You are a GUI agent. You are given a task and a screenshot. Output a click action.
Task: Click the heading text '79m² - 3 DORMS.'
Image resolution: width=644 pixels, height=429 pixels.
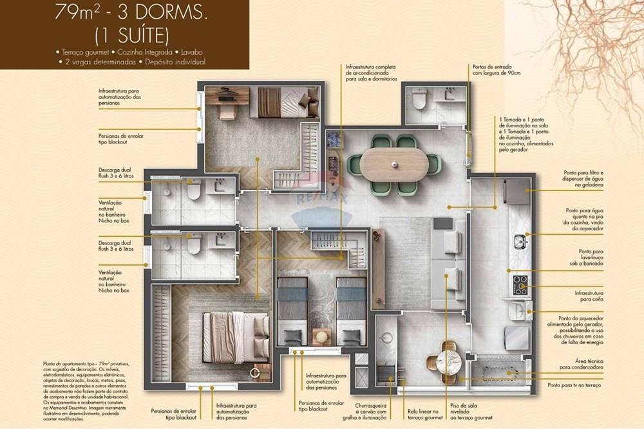(x=122, y=13)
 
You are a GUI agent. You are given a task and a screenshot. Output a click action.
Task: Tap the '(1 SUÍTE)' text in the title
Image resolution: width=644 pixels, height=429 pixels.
(x=122, y=33)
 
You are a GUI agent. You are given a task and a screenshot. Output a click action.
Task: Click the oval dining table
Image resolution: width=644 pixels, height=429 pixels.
(x=393, y=165)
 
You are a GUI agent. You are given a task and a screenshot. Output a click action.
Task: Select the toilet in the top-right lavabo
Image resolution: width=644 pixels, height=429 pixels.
(x=419, y=100)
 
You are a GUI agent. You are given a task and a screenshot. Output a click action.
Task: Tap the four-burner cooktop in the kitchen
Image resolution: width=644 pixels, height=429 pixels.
(x=520, y=285)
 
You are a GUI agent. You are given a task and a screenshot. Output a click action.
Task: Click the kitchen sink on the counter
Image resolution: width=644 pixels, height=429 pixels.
(x=520, y=242)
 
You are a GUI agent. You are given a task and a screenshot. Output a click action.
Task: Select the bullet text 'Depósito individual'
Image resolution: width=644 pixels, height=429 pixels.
(x=175, y=62)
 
